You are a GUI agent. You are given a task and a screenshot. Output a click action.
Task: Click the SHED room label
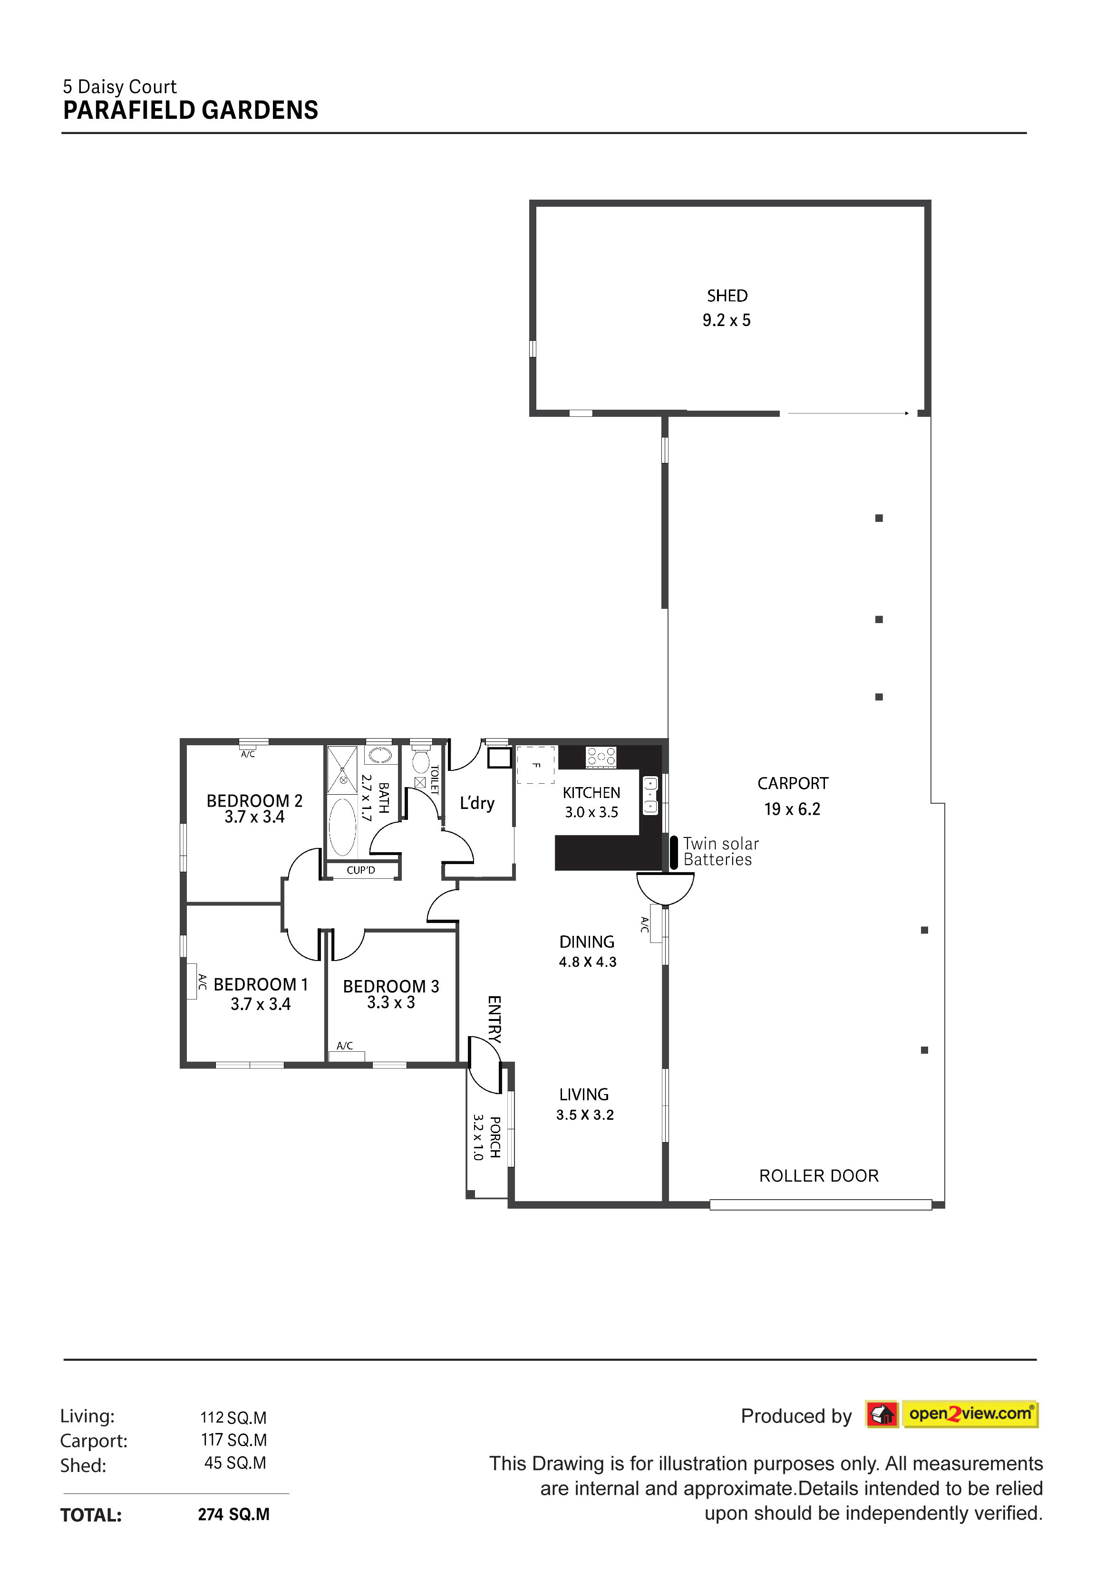pos(727,296)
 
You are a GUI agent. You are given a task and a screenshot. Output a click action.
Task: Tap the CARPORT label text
pos(792,784)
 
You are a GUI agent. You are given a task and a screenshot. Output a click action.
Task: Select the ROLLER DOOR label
pos(818,1176)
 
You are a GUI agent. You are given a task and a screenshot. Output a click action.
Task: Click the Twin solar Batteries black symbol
pos(673,852)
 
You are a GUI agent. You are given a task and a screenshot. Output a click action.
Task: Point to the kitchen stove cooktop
pos(601,757)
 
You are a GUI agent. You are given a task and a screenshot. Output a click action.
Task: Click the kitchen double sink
pos(650,795)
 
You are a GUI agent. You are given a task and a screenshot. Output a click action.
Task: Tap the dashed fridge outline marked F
pos(535,764)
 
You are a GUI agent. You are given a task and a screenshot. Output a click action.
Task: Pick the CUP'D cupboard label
pos(361,870)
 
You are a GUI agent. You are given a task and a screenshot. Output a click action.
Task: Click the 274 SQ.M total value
pos(233,1514)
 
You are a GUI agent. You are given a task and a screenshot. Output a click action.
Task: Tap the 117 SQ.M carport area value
pos(233,1440)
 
